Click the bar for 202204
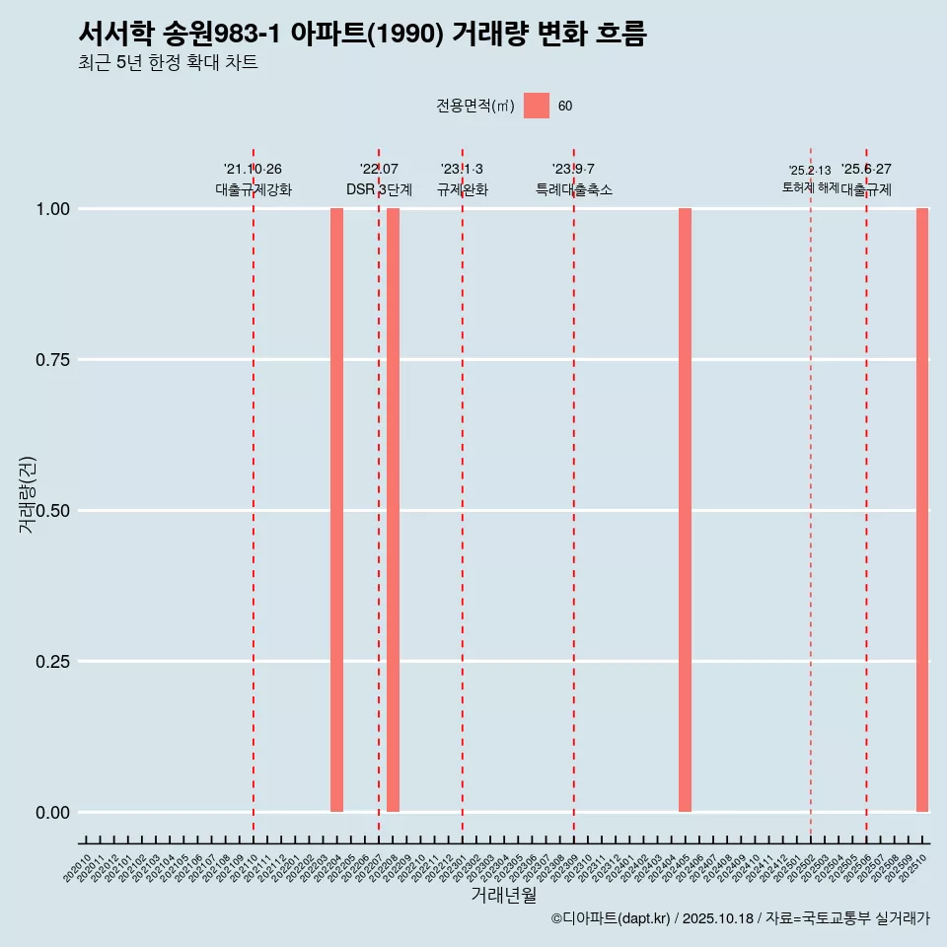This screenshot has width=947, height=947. pyautogui.click(x=336, y=510)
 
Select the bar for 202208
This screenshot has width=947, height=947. pyautogui.click(x=393, y=510)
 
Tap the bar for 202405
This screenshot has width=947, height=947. pyautogui.click(x=685, y=510)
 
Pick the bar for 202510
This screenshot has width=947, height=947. pyautogui.click(x=922, y=510)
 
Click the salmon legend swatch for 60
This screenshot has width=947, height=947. pyautogui.click(x=537, y=106)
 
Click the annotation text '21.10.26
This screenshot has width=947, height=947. pyautogui.click(x=253, y=170)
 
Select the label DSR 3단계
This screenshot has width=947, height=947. pyautogui.click(x=379, y=189)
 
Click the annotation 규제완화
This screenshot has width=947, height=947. pyautogui.click(x=463, y=189)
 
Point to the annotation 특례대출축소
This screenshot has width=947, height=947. pyautogui.click(x=574, y=189)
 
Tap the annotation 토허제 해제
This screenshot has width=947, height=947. pyautogui.click(x=810, y=186)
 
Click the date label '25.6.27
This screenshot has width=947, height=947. pyautogui.click(x=866, y=170)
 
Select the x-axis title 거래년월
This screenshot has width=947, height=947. pyautogui.click(x=503, y=896)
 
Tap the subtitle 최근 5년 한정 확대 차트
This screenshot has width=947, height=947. pyautogui.click(x=168, y=63)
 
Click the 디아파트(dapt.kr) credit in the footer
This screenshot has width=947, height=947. pyautogui.click(x=611, y=918)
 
